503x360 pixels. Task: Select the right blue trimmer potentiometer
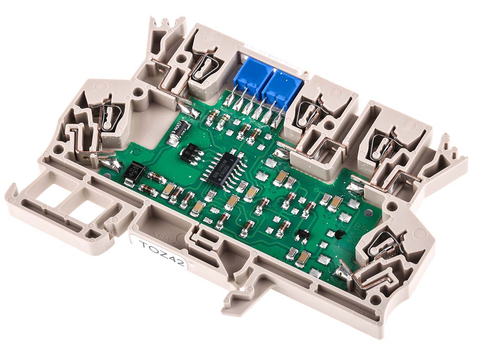[x=283, y=86]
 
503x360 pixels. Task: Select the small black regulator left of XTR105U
[x=191, y=153]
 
